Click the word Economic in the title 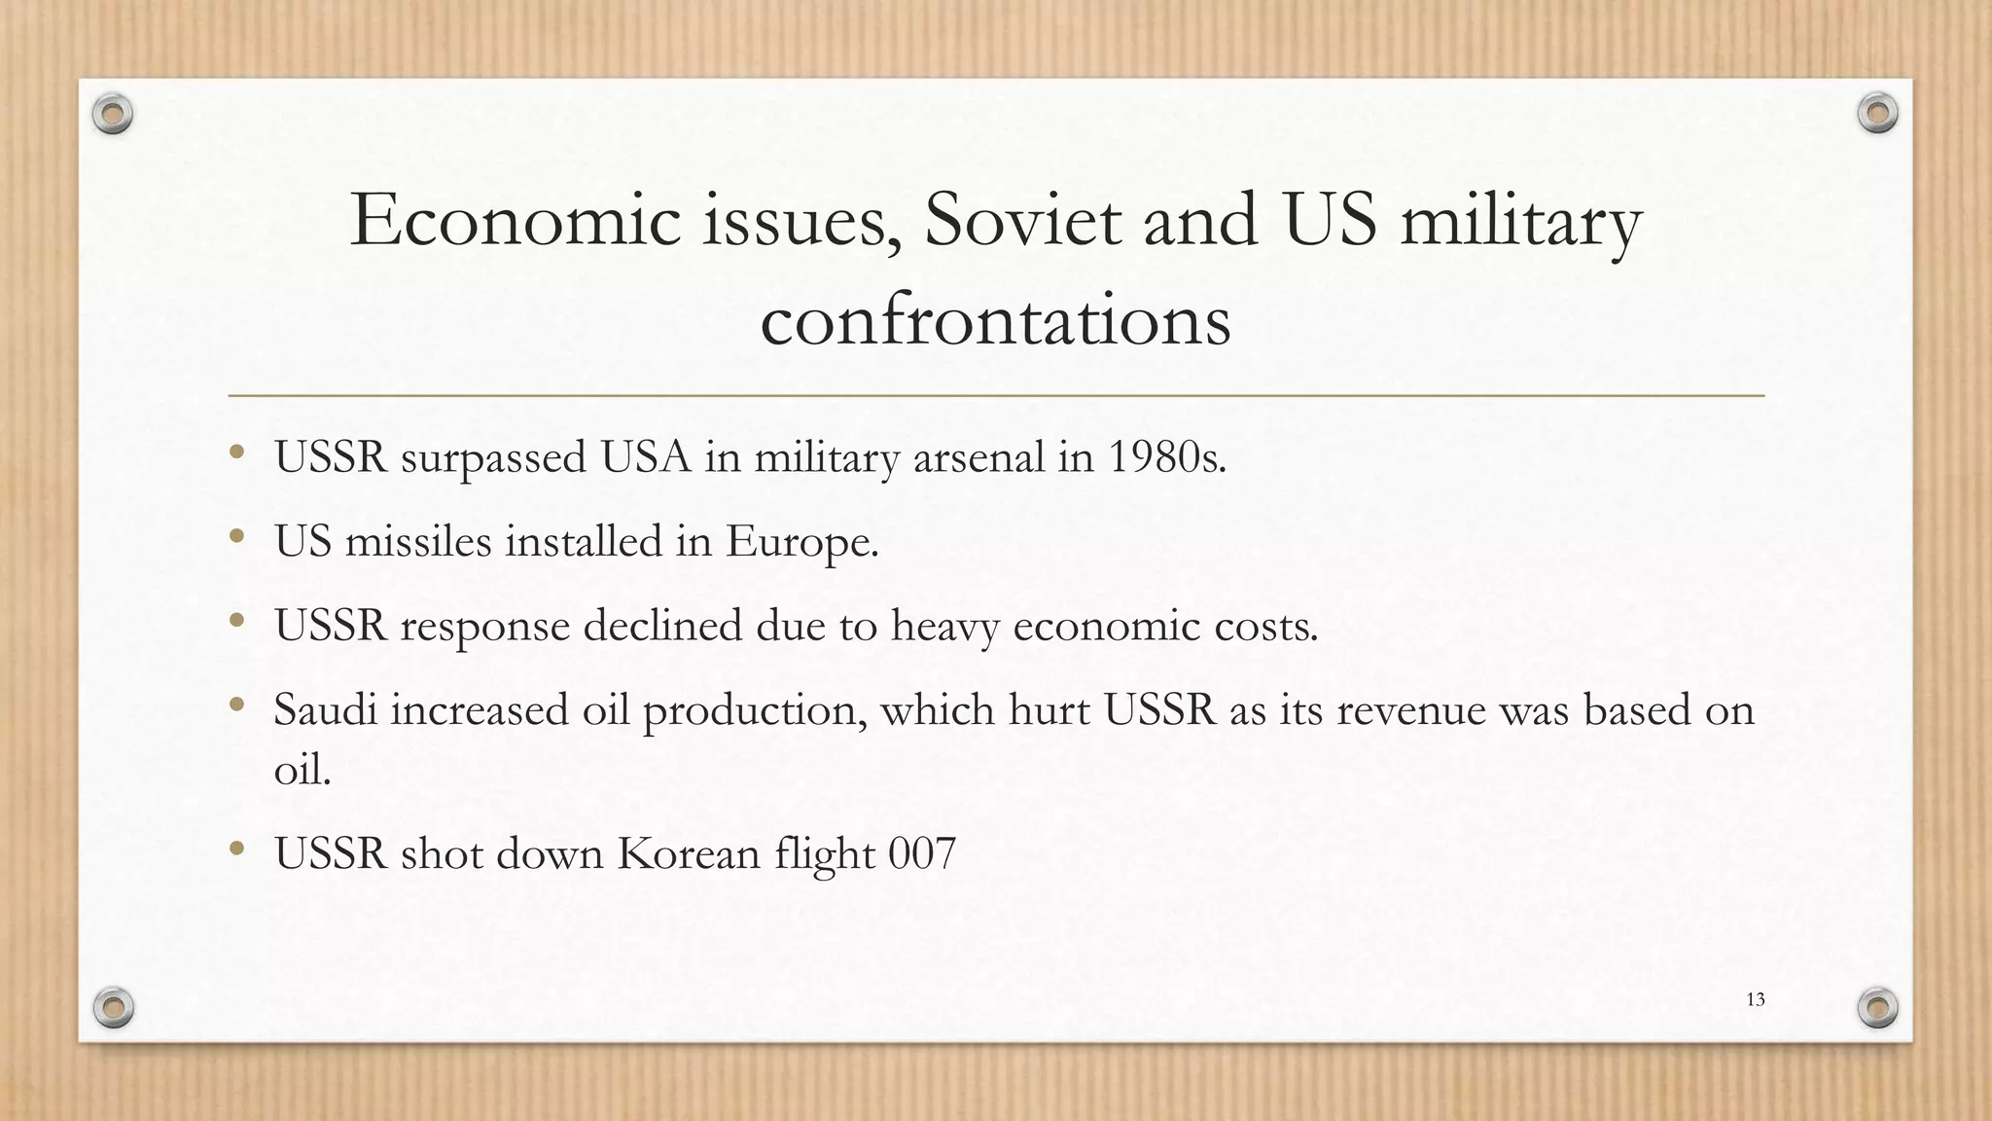tap(516, 220)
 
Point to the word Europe tap(801, 542)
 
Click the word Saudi tap(325, 709)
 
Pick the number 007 tap(922, 853)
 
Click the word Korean tap(689, 853)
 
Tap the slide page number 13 tap(1755, 999)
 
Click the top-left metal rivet tap(113, 115)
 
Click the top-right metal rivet tap(1877, 114)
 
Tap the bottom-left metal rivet tap(113, 1007)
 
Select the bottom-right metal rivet tap(1877, 1007)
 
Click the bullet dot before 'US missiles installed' tap(236, 536)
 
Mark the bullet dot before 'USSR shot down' tap(236, 849)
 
